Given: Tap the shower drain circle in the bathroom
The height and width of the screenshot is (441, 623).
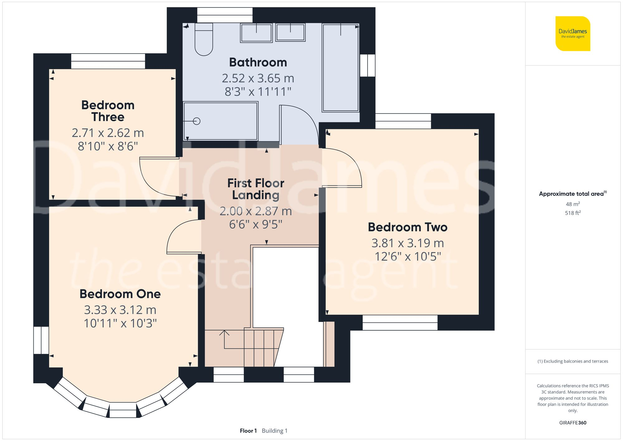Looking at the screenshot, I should pos(197,121).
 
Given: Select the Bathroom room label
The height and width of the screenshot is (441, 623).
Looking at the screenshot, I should pos(258,62).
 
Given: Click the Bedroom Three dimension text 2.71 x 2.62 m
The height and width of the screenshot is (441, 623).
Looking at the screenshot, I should pos(108,133).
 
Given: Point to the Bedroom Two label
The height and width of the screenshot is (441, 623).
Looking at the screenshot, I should pos(407,227).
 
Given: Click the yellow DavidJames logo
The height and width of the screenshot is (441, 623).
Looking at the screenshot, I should pos(573,34).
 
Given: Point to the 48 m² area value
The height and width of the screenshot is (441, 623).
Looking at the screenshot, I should pos(573,204).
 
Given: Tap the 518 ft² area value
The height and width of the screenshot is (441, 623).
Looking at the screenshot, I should pos(573,213).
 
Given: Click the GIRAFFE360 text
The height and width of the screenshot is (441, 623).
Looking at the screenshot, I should pos(573,423).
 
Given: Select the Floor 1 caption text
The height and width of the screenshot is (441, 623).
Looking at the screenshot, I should pos(248,431).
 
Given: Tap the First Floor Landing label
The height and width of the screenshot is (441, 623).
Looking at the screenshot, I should pos(256,189).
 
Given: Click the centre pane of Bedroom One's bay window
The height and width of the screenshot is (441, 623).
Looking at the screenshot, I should pos(123,410).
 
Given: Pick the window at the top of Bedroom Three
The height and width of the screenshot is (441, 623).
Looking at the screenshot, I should pos(108,61).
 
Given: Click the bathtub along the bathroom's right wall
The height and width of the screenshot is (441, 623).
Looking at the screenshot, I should pos(340,68).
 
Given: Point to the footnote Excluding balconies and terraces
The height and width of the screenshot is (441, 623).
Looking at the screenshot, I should pos(573,361).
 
